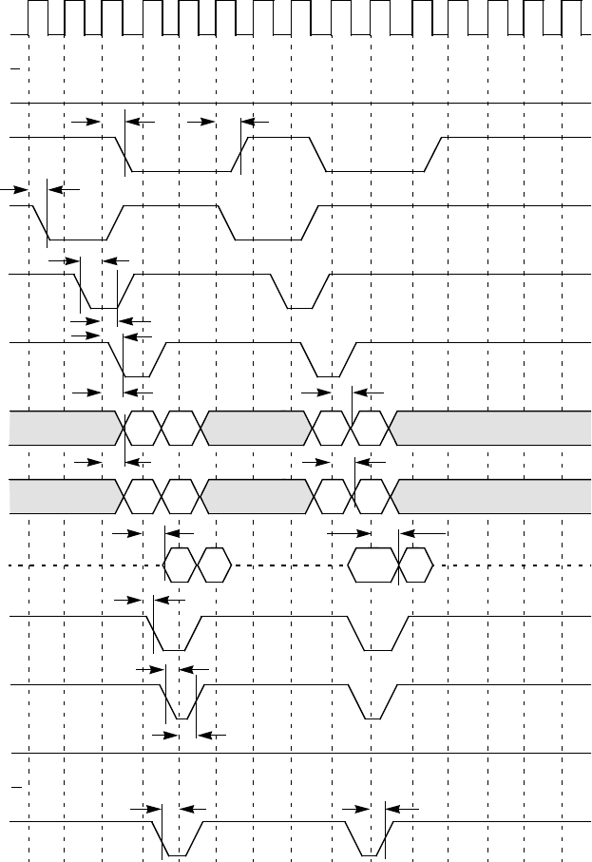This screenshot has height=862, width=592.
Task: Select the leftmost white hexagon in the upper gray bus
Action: pyautogui.click(x=142, y=427)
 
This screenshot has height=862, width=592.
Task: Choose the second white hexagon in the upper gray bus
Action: pyautogui.click(x=180, y=427)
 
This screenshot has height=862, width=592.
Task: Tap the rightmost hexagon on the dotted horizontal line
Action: pyautogui.click(x=416, y=565)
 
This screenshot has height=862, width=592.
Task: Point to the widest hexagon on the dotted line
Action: pyautogui.click(x=372, y=565)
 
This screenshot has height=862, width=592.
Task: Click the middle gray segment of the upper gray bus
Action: pyautogui.click(x=257, y=427)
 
